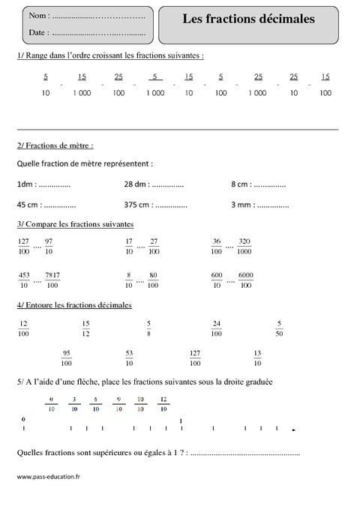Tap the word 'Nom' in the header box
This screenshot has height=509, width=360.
pyautogui.click(x=38, y=16)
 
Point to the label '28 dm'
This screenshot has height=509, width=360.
pyautogui.click(x=135, y=184)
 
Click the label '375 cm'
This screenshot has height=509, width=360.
pyautogui.click(x=138, y=204)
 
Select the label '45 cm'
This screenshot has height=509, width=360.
pyautogui.click(x=28, y=204)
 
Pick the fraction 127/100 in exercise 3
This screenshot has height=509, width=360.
pyautogui.click(x=23, y=247)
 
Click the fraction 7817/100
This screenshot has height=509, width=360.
pyautogui.click(x=52, y=279)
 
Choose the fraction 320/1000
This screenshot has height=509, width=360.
pyautogui.click(x=244, y=247)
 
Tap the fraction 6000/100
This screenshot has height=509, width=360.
pyautogui.click(x=245, y=279)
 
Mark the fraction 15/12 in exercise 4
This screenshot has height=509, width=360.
pyautogui.click(x=85, y=328)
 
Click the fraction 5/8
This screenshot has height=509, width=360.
pyautogui.click(x=148, y=328)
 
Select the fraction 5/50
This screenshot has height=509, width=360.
pyautogui.click(x=279, y=328)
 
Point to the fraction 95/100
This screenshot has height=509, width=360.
pyautogui.click(x=67, y=358)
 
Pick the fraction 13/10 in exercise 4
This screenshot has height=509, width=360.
pyautogui.click(x=257, y=358)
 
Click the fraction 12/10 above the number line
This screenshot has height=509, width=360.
pyautogui.click(x=164, y=405)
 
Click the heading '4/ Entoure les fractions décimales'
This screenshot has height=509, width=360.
pyautogui.click(x=73, y=305)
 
